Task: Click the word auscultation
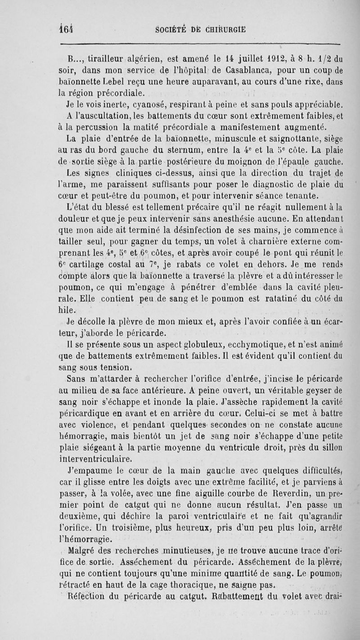click(x=102, y=117)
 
